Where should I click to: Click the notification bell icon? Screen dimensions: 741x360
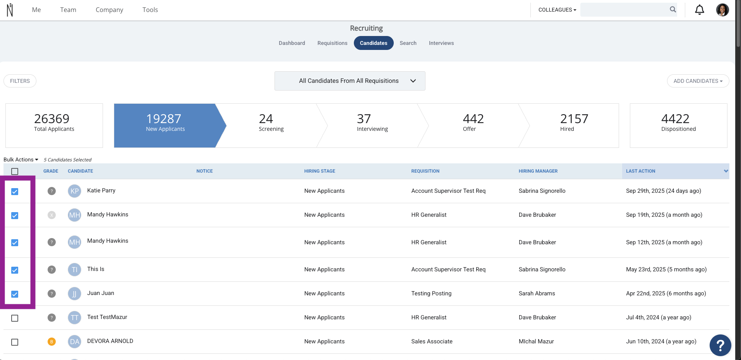pos(700,10)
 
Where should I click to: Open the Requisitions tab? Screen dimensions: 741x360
pos(332,43)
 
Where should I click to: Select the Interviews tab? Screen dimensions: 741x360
pos(441,43)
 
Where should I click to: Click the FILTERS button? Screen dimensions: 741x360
pos(20,81)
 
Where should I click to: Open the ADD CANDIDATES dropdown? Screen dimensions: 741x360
pos(698,81)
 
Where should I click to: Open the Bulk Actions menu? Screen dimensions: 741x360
pos(21,159)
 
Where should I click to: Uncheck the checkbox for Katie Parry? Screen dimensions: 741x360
pos(15,192)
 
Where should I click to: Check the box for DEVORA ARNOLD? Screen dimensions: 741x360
pos(15,342)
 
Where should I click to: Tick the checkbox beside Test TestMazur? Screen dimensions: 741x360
pos(15,318)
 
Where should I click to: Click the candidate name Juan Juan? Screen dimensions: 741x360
pos(101,293)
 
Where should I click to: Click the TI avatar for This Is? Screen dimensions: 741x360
pos(74,269)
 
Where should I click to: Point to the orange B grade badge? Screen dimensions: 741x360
pos(51,341)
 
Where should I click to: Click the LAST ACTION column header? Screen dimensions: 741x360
pos(641,171)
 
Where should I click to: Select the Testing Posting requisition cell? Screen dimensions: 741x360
pos(431,293)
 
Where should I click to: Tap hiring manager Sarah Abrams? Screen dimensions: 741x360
pos(537,293)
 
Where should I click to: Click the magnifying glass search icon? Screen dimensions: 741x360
pos(673,10)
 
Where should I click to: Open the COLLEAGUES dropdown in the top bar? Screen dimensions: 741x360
pos(557,10)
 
